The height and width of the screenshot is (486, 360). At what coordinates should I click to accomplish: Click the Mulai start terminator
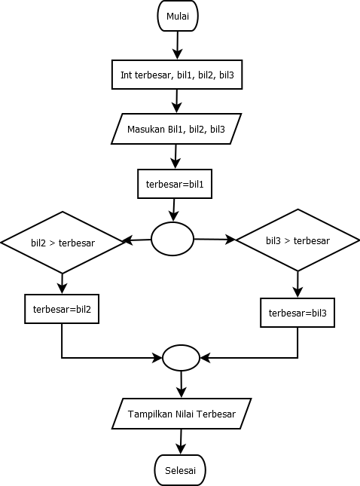click(x=178, y=16)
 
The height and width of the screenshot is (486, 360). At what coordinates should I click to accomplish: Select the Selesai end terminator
click(x=179, y=470)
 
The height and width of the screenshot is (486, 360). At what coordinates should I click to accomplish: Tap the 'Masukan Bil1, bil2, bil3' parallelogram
click(x=175, y=129)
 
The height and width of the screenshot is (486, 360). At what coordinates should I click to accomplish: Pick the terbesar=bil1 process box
click(x=175, y=184)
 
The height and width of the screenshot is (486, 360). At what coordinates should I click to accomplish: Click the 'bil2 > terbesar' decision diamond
click(x=63, y=242)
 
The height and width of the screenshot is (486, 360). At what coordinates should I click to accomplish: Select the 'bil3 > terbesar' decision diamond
click(x=297, y=240)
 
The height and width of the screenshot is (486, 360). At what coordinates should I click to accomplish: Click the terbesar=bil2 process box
click(x=62, y=309)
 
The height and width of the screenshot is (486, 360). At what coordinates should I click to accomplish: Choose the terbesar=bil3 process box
click(x=297, y=313)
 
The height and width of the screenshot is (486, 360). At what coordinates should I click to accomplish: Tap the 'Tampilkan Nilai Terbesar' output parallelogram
click(x=181, y=414)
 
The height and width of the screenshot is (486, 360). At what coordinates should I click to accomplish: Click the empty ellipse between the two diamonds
click(x=172, y=238)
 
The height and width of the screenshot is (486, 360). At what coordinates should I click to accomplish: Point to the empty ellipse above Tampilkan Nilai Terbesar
click(x=181, y=357)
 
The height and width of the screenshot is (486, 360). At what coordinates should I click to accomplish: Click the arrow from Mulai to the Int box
click(x=178, y=44)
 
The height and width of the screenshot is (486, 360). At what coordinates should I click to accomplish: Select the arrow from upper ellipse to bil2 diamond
click(x=137, y=240)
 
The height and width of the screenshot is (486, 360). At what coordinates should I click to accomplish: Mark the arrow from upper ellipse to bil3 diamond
click(x=215, y=239)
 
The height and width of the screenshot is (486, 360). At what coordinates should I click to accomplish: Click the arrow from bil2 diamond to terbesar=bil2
click(x=62, y=283)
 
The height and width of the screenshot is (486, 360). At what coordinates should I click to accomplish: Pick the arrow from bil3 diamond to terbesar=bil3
click(x=297, y=284)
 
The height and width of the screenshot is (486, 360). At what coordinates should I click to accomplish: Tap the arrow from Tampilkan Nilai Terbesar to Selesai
click(x=180, y=442)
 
